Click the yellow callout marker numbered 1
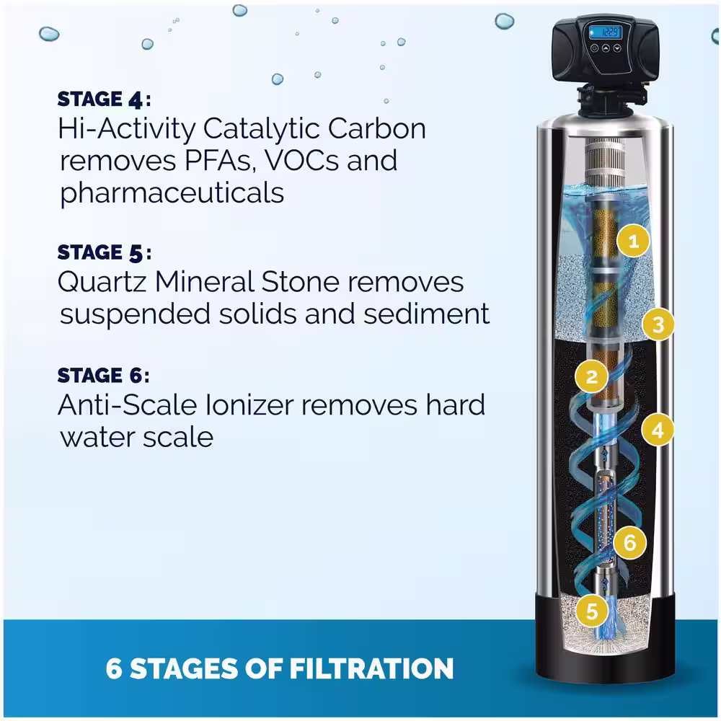pos(633,241)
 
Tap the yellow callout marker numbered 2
pos(591,376)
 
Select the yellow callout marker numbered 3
pos(658,324)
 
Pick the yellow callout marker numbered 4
pos(658,430)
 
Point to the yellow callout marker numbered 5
pos(592,611)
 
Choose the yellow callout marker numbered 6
pos(629,543)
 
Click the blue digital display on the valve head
pos(605,32)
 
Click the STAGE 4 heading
pos(104,99)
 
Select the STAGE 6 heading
pos(103,375)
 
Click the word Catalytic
pos(262,129)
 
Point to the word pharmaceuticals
pos(172,193)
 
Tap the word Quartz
pos(102,282)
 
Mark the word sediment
pos(426,314)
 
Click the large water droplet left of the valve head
pos(505,21)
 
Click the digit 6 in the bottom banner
pos(114,668)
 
